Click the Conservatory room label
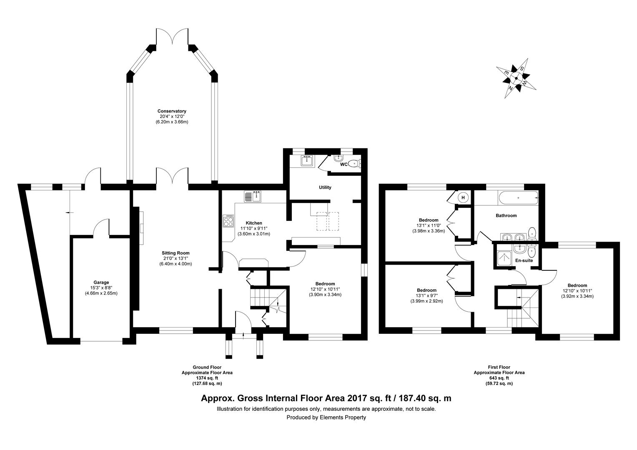(x=172, y=111)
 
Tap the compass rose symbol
(x=515, y=78)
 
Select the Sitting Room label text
(x=176, y=253)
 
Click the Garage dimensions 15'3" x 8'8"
(x=102, y=287)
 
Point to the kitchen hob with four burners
(x=228, y=221)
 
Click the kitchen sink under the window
(x=253, y=196)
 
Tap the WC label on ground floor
(x=344, y=164)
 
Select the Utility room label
(x=325, y=187)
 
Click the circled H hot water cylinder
(x=463, y=197)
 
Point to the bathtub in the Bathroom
(x=518, y=199)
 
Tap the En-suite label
(x=524, y=261)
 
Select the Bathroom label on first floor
(x=506, y=216)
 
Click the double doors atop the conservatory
(x=172, y=37)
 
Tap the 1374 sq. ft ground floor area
(x=207, y=378)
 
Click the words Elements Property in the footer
(x=342, y=417)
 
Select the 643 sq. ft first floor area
(x=499, y=378)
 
